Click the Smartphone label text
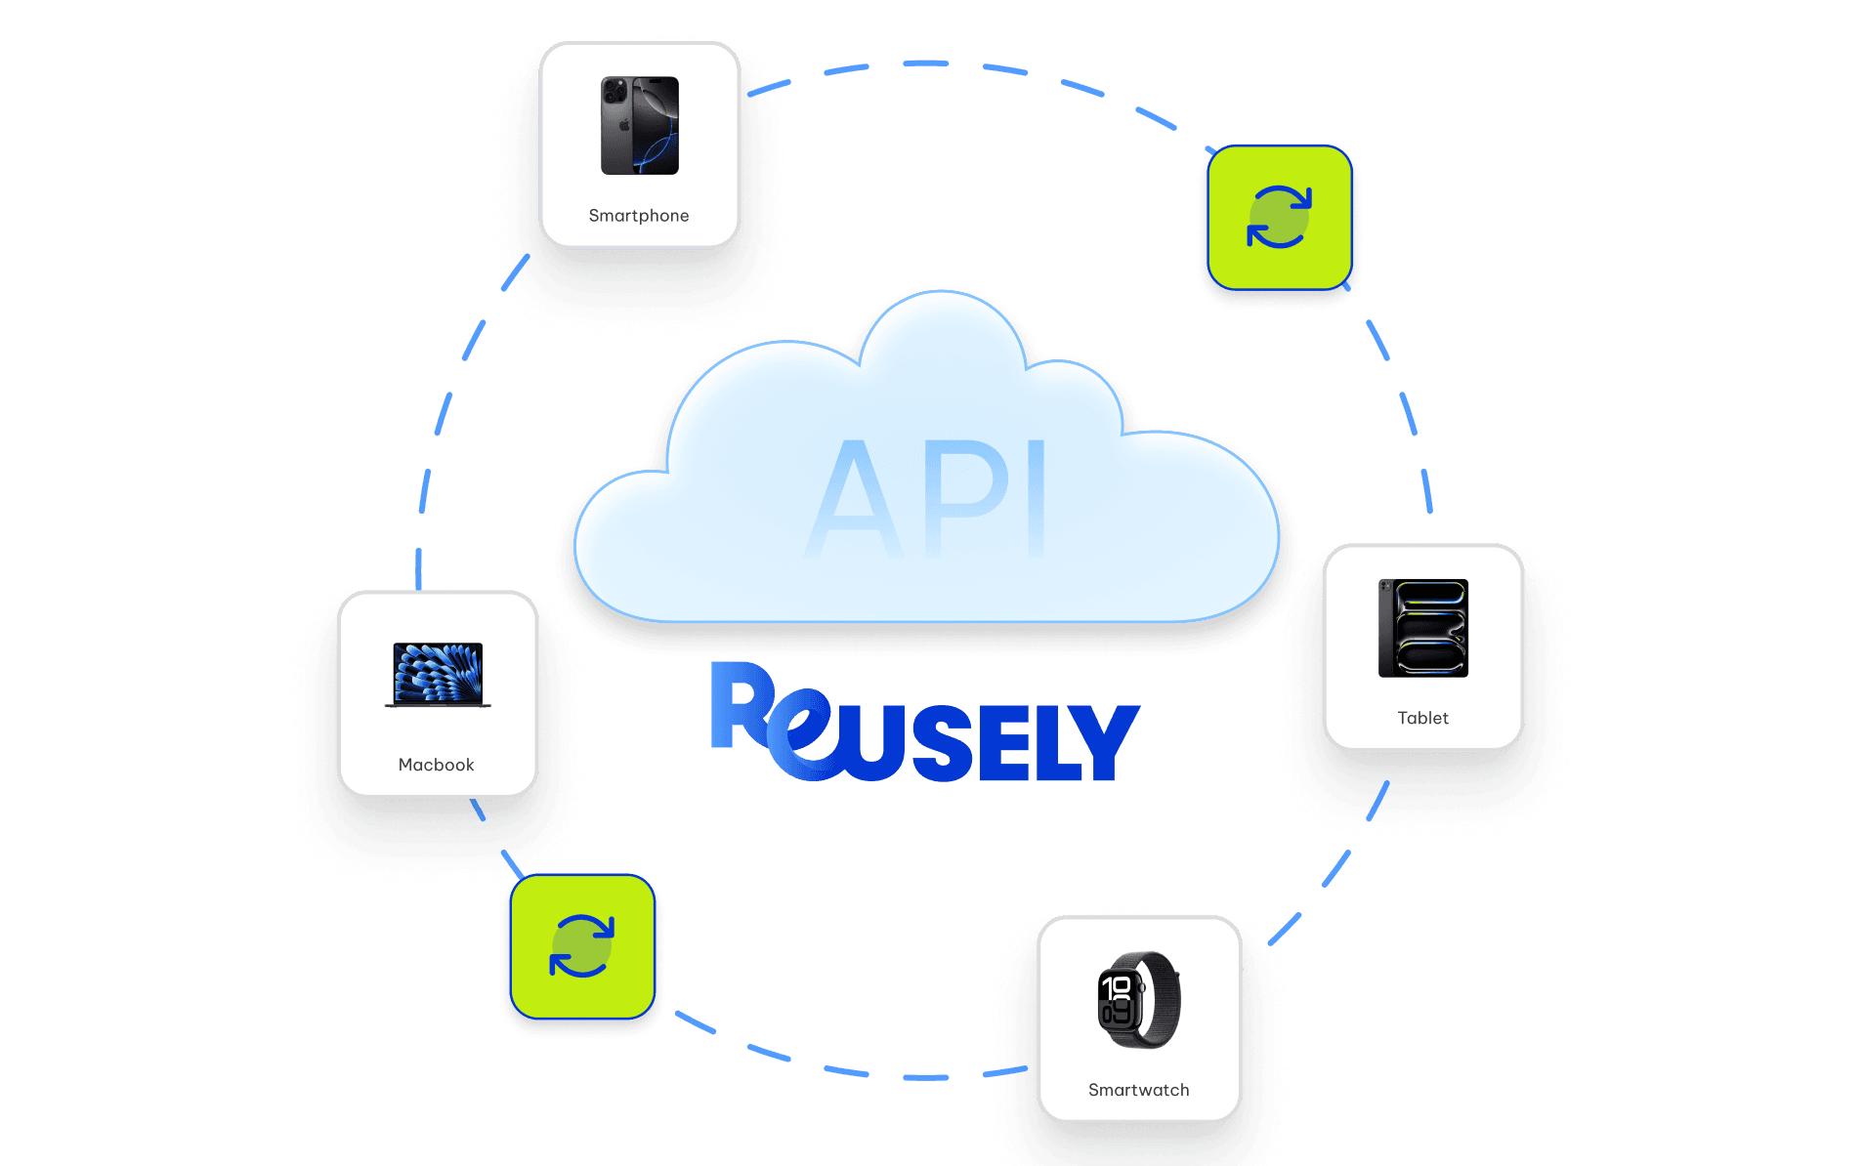[638, 216]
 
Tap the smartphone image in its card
[640, 125]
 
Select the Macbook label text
[436, 765]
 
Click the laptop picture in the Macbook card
[438, 674]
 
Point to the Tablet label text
[1422, 718]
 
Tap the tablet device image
[1422, 628]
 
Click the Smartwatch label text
[1138, 1090]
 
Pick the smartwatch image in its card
[1139, 999]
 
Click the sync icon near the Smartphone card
[1279, 217]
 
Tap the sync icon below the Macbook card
[582, 946]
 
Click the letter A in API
[855, 499]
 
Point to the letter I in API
[1037, 499]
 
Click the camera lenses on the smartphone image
[615, 92]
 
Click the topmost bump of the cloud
[942, 322]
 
